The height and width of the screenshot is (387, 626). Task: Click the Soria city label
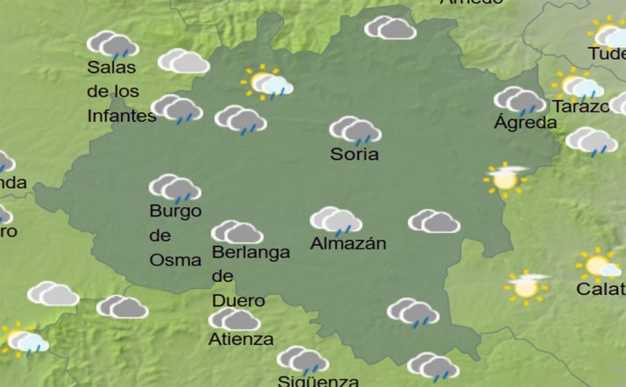point(354,155)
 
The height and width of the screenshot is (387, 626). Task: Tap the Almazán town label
point(348,244)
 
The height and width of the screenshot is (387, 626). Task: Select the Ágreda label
point(525,123)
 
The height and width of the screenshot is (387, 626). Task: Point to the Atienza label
point(240,339)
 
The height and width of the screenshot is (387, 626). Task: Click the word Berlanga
point(251,253)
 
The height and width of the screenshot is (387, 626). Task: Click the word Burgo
point(175,211)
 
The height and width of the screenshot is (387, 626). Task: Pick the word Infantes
point(122,116)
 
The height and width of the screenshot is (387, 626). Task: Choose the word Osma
point(175,260)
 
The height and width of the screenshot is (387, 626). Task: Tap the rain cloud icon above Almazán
point(337,221)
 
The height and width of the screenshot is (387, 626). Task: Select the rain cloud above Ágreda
point(519,101)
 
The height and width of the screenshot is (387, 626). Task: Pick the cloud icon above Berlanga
point(237,232)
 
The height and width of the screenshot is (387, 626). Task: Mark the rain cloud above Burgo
point(174,188)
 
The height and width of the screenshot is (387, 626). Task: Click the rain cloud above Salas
point(113,45)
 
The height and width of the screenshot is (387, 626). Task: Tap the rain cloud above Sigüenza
point(302,359)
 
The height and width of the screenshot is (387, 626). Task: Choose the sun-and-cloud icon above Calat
point(599,264)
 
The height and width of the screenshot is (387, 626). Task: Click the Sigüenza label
point(317,381)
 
